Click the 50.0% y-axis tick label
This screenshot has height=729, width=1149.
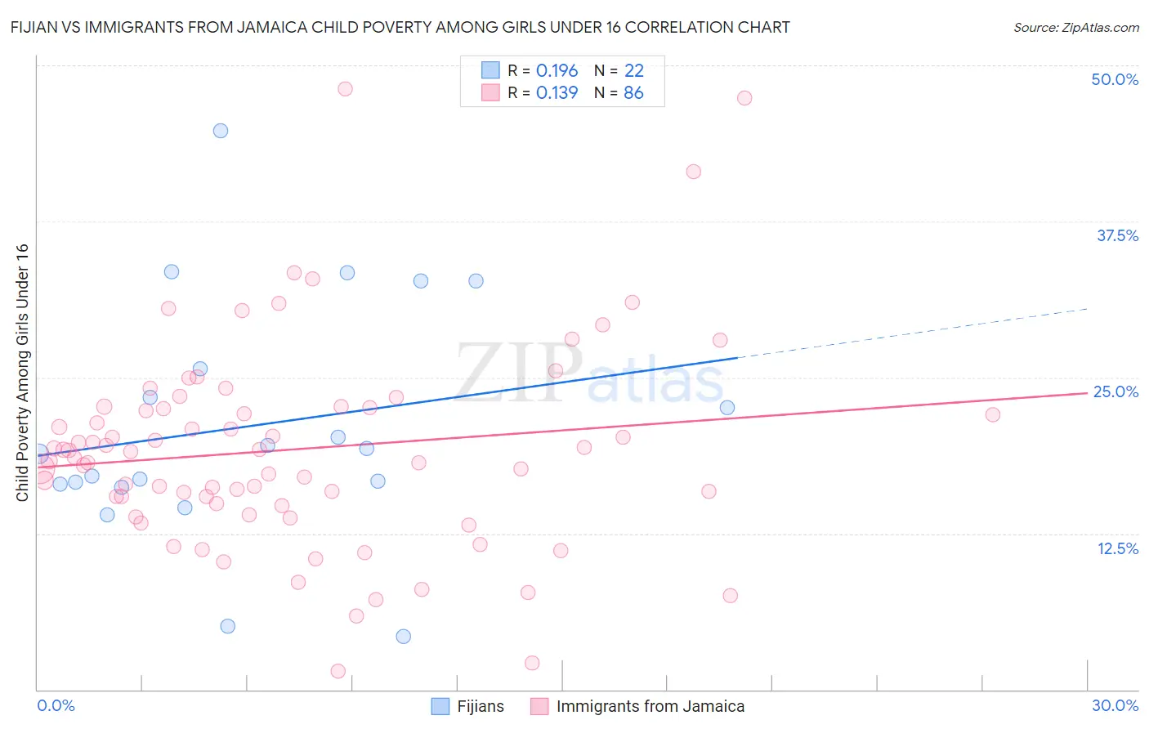[1115, 79]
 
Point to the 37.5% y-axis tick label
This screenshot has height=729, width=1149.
[1117, 235]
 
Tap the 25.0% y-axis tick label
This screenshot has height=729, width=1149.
[1115, 391]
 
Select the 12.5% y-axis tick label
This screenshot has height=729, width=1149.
[1117, 548]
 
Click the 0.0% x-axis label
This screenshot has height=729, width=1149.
[56, 705]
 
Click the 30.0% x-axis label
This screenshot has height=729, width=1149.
[1115, 705]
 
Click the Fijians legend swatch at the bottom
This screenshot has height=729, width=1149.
[440, 706]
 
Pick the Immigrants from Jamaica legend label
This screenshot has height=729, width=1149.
[650, 706]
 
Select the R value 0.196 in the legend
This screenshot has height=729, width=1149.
[557, 71]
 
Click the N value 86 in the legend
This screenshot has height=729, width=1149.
[633, 93]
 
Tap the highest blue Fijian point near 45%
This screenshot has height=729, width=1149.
[220, 131]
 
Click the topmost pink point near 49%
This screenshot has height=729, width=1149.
[345, 88]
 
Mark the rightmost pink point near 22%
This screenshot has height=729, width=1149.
[992, 414]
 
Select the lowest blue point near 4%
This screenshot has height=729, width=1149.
[403, 637]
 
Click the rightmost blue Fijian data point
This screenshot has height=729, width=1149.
[727, 408]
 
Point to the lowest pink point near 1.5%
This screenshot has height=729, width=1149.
[338, 671]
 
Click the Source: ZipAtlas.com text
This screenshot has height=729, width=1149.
[1075, 28]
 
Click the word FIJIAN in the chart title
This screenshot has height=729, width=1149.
[37, 28]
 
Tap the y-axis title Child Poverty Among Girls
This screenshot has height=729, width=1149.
[22, 373]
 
